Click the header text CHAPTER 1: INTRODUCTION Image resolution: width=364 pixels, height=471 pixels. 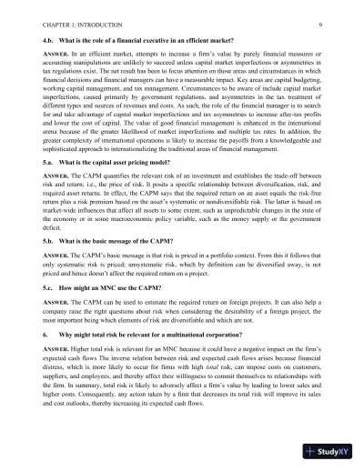[74, 13]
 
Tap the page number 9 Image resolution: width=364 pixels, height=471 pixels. [323, 13]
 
